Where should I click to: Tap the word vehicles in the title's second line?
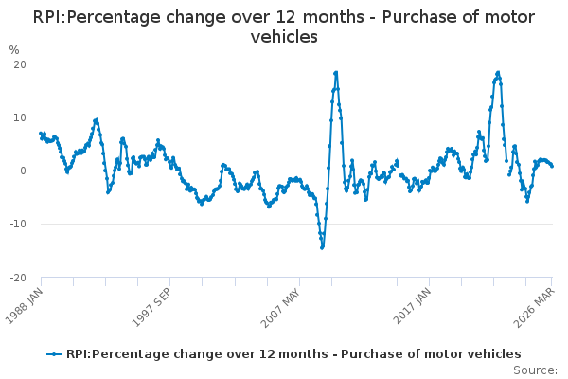pos(284,37)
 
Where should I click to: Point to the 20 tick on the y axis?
pos(18,63)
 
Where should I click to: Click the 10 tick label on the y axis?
pos(18,117)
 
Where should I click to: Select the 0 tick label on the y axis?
pos(21,171)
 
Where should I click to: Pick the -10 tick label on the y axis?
pos(16,225)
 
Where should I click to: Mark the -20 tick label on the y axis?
pos(16,278)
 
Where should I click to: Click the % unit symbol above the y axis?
pos(13,49)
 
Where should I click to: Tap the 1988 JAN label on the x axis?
pos(27,303)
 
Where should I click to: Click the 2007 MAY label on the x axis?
pos(285,303)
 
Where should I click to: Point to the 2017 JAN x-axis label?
pos(415,303)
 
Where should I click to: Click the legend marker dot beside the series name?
pos(55,354)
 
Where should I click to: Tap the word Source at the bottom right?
pos(536,370)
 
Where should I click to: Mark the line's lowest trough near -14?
pos(322,247)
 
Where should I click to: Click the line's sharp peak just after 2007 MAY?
pos(336,72)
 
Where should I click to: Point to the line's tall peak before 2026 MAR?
pos(498,72)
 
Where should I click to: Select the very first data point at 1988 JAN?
pos(41,135)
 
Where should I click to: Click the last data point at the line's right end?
pos(552,166)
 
